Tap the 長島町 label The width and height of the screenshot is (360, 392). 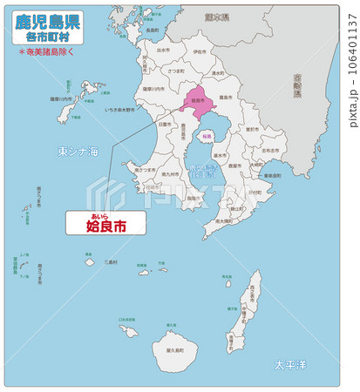point(153,30)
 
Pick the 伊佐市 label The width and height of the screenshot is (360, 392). point(200,52)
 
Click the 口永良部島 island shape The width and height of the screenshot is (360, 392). point(129,332)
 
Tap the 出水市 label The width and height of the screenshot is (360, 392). point(163,51)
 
